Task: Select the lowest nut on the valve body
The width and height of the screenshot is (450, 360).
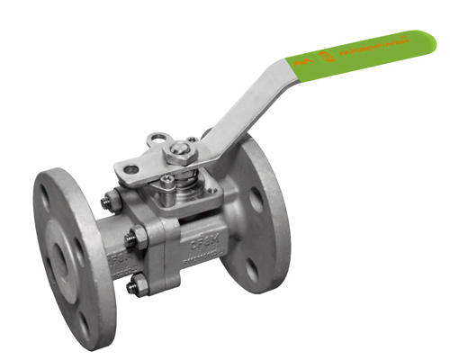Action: [134, 288]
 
